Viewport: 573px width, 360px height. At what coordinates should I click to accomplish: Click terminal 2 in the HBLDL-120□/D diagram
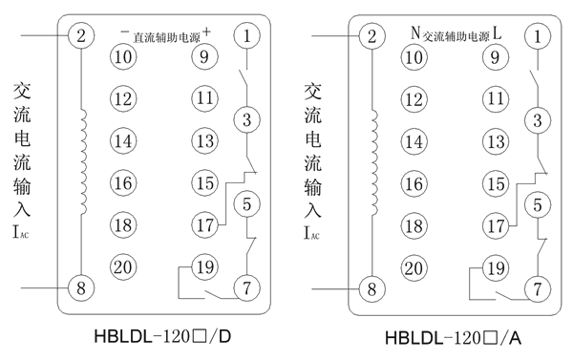[81, 36]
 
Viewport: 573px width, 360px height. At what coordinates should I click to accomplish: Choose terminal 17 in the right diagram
[495, 226]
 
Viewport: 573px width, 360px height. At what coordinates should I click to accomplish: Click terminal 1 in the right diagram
[538, 37]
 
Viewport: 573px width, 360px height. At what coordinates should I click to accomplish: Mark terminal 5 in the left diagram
[246, 203]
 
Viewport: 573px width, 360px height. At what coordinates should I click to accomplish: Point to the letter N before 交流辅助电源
[414, 32]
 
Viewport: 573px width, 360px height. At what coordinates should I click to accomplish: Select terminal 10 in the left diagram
[122, 57]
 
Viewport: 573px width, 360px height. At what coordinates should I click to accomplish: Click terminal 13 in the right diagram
[495, 141]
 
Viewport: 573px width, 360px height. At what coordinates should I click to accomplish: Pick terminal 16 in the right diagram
[413, 183]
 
